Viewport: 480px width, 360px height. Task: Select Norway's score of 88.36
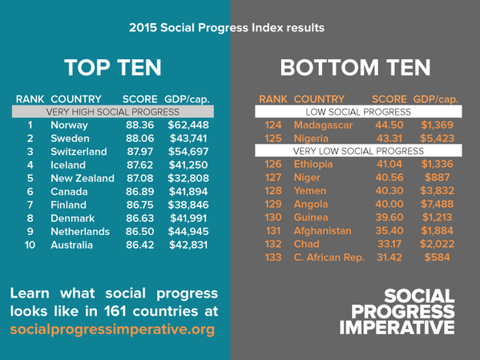[x=141, y=125]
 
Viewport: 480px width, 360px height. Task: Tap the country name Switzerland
[x=79, y=151]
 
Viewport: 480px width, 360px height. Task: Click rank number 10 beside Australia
[x=30, y=244]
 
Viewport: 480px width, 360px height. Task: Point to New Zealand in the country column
[x=82, y=177]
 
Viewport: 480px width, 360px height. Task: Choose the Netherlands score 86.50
[x=141, y=231]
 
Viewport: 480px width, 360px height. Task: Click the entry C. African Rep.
[x=329, y=257]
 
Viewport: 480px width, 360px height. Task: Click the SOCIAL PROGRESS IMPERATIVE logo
[x=397, y=311]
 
